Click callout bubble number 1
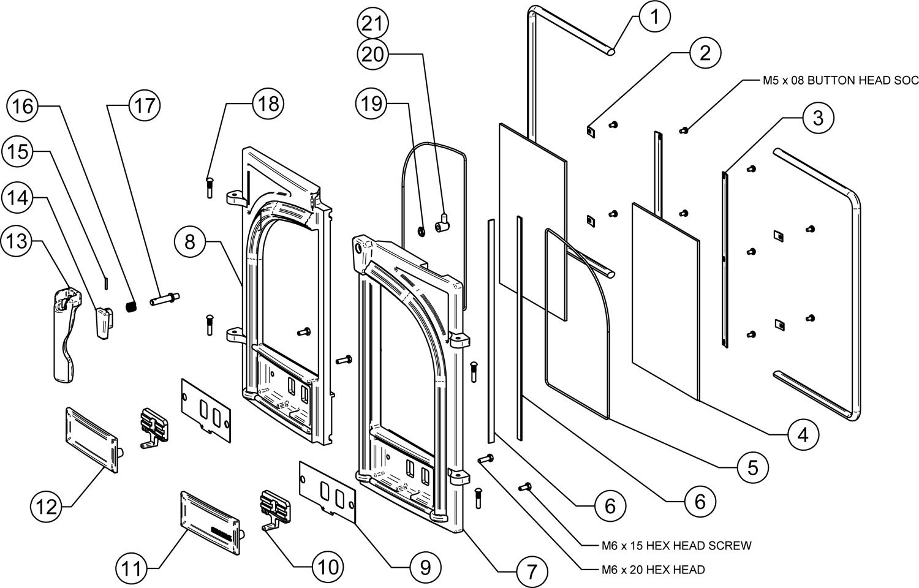(x=655, y=17)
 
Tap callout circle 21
(x=373, y=24)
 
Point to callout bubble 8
(x=189, y=243)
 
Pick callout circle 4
(x=802, y=435)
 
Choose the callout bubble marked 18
(x=268, y=104)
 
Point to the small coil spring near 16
(x=130, y=306)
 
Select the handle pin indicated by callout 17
(x=164, y=301)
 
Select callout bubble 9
(x=422, y=567)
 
